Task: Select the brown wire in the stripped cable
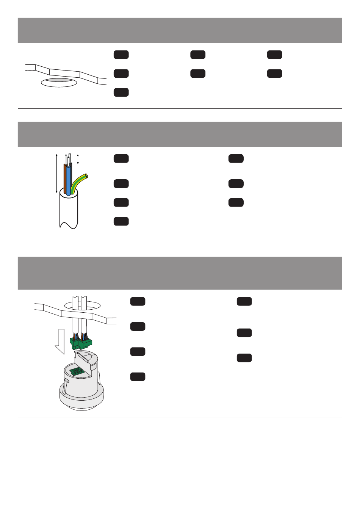click(65, 178)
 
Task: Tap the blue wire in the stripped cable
click(68, 180)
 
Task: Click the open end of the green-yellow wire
click(87, 176)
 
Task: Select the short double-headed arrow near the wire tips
click(78, 159)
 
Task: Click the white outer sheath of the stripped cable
click(69, 210)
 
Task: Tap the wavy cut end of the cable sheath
click(69, 226)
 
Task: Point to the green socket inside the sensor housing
click(77, 371)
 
